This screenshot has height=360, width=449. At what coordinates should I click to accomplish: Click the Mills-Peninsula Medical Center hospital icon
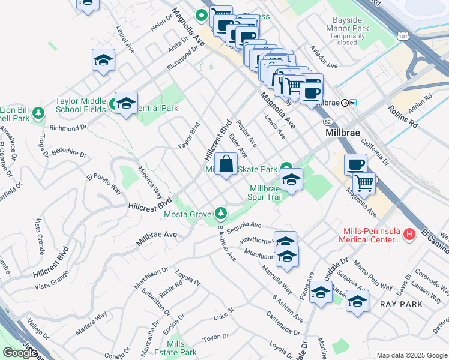point(410,233)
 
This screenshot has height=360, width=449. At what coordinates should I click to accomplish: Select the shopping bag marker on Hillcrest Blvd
point(226,164)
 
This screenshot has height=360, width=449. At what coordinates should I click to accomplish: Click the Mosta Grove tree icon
point(221,213)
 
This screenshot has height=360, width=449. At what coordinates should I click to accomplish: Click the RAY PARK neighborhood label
point(402,304)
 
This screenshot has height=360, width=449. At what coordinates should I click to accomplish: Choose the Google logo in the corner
point(20,353)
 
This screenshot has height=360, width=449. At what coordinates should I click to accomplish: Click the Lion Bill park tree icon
point(39,112)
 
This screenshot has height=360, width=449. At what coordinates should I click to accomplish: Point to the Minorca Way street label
point(151,184)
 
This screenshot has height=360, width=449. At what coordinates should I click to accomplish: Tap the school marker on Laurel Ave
point(103,61)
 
